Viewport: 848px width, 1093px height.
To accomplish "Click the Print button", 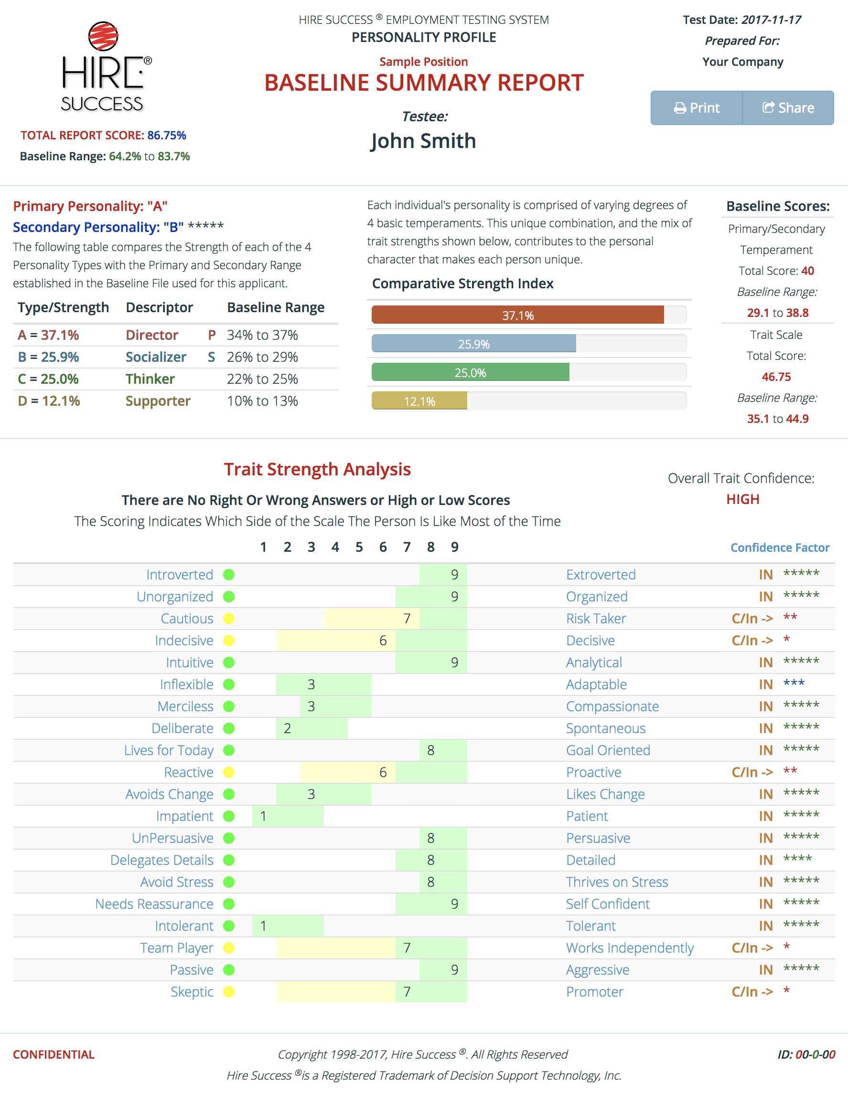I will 696,107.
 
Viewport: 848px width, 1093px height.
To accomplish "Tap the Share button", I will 788,107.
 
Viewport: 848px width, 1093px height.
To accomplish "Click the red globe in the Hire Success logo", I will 103,36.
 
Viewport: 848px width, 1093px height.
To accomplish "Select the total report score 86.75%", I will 166,135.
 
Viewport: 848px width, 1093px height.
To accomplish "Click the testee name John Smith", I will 423,141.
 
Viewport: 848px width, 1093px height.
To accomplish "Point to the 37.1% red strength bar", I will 517,315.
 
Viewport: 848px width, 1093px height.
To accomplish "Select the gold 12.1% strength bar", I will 419,401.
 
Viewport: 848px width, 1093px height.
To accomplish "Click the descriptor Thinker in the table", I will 150,379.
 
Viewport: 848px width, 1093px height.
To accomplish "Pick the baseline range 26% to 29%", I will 262,357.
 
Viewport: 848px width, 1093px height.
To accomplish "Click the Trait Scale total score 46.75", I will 776,377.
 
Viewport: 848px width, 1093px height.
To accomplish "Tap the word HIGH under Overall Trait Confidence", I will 742,499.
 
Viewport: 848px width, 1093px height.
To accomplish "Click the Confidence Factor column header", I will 779,547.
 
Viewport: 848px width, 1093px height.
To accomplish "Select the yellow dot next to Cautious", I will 229,619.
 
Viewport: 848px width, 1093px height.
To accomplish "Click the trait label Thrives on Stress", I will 617,882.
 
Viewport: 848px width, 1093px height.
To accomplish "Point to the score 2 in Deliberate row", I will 288,728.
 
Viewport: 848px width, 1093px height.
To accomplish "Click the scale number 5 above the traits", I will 359,547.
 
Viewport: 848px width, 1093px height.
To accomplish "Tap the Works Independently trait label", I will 630,948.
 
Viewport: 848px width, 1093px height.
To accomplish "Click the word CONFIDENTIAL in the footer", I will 54,1054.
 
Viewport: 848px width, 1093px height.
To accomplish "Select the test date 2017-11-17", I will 771,20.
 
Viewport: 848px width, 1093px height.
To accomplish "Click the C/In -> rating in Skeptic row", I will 752,991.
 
